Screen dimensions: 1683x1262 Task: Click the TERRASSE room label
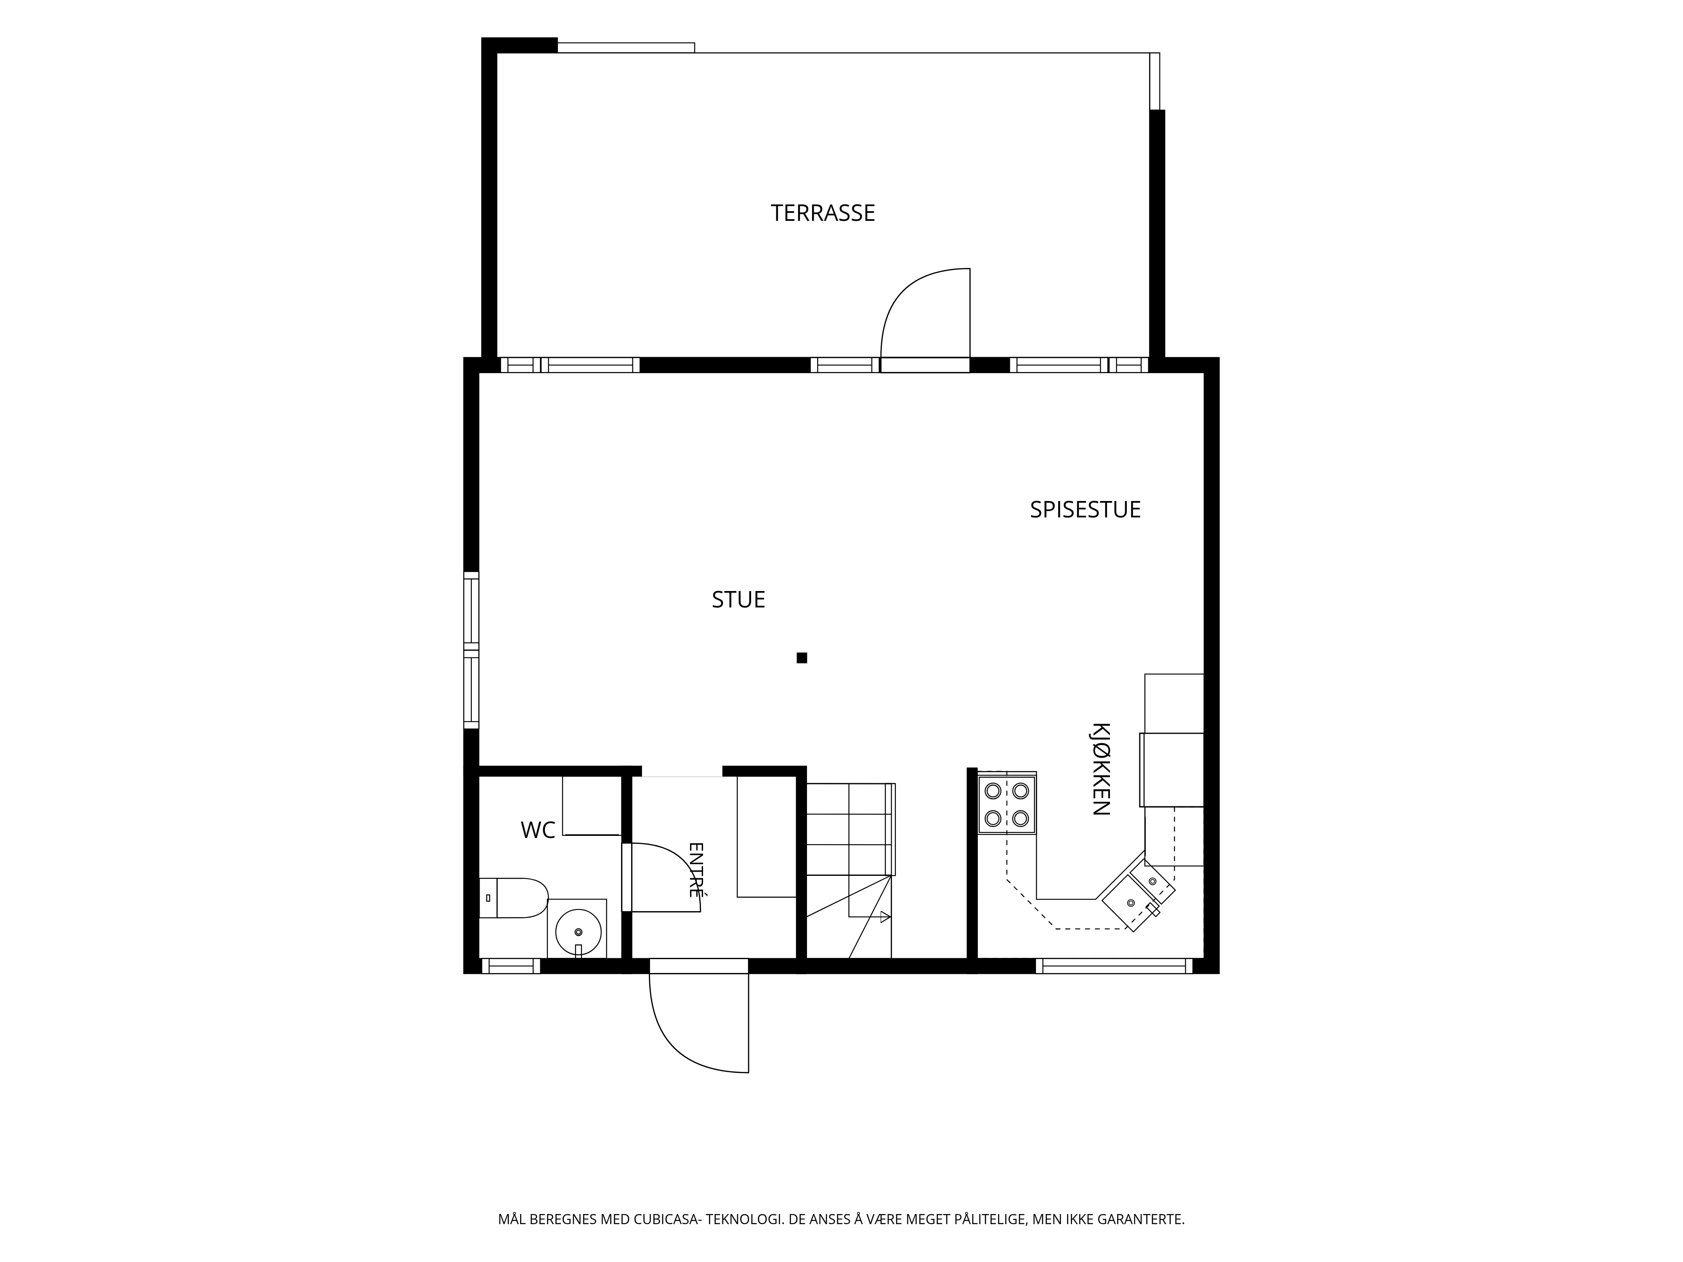[x=823, y=213]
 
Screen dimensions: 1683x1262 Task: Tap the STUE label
[x=738, y=600]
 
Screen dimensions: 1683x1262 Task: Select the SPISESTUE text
[x=1085, y=510]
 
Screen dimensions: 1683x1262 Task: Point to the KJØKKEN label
[x=1101, y=769]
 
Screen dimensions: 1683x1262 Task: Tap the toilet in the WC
[x=514, y=898]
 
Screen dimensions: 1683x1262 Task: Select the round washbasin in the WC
[x=578, y=931]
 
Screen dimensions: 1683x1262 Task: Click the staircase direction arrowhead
[x=885, y=917]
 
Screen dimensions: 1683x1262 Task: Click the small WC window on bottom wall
[x=510, y=966]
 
